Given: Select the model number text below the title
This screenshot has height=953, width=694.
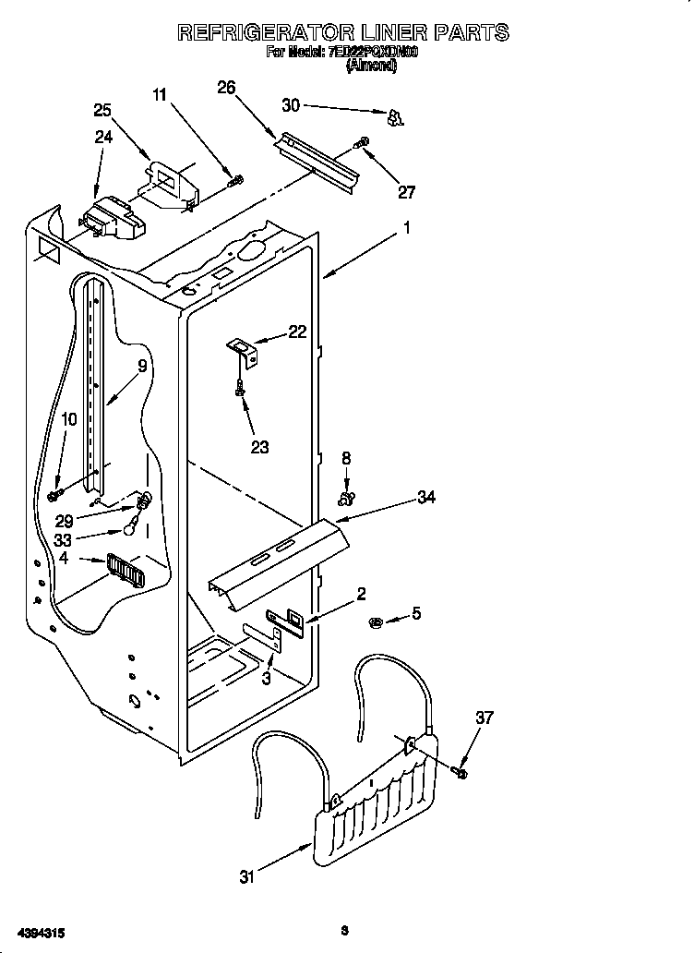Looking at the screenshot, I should point(374,54).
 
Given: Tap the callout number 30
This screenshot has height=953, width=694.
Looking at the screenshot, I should point(291,106).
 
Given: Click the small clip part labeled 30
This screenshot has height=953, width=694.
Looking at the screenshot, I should point(395,116).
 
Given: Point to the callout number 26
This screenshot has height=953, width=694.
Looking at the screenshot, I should point(226,88).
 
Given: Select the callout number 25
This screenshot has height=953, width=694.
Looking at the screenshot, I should point(102,110).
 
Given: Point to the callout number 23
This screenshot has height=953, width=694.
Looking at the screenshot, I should point(260,447).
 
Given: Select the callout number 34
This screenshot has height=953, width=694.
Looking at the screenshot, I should point(425,497).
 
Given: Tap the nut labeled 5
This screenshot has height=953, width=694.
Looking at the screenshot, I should point(377,619).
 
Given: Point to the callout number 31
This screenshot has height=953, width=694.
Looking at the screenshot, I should point(246,877).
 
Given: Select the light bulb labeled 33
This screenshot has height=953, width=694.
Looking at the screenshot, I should point(134,528).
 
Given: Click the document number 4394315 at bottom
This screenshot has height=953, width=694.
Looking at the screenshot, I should point(39,933).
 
